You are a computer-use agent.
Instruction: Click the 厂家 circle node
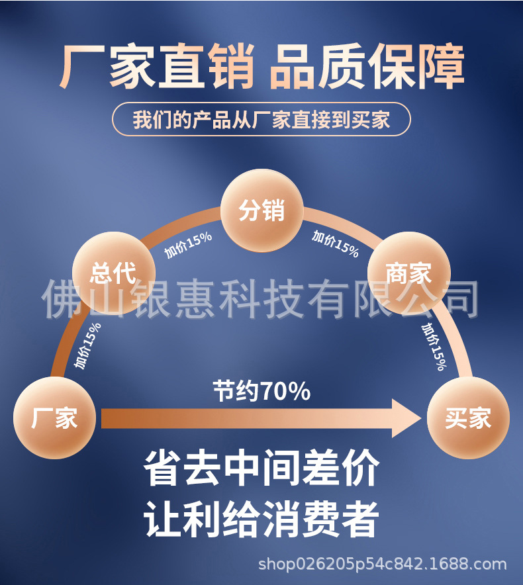point(54,418)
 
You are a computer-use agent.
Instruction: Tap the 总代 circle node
point(113,272)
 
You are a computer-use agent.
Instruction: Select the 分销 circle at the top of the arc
point(261,211)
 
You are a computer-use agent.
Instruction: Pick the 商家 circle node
point(408,272)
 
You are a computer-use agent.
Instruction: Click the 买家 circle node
point(468,418)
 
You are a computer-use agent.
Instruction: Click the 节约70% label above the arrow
point(261,391)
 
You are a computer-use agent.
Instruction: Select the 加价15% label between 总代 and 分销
point(188,245)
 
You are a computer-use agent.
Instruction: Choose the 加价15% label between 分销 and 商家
point(336,244)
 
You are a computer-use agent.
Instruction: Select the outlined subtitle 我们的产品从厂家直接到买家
point(261,120)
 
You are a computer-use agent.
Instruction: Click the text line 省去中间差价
point(261,469)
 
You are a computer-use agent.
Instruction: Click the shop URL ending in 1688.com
point(382,564)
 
